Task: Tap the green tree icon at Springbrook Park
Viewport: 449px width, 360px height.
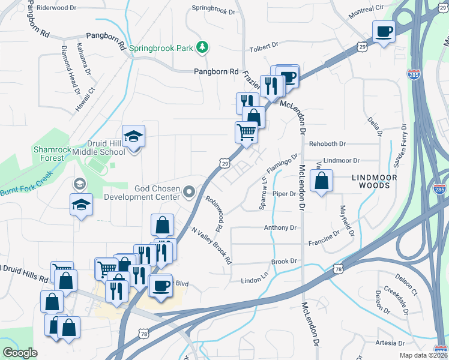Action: coord(203,46)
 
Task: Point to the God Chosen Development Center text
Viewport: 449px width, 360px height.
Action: coord(142,192)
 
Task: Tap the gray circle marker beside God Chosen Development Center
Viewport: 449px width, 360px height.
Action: coord(190,192)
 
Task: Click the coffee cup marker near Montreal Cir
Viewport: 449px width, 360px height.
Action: coord(384,31)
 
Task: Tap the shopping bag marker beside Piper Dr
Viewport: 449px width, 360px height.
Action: coord(322,181)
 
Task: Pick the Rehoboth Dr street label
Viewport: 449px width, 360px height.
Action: coord(328,144)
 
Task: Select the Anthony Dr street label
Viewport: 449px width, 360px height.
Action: coord(280,228)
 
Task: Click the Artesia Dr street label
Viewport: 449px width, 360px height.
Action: coord(390,343)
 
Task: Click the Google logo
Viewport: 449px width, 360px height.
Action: coord(20,353)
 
